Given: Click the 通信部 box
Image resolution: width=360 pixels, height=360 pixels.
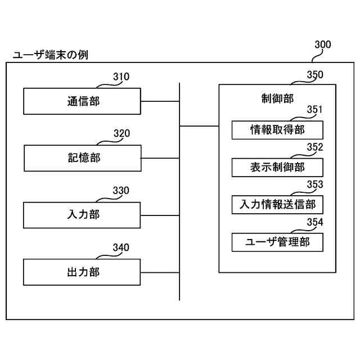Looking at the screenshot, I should [x=82, y=101].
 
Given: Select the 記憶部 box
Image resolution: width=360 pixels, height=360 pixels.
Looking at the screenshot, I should [x=82, y=158].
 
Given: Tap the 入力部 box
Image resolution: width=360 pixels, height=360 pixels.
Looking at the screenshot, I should [x=82, y=215].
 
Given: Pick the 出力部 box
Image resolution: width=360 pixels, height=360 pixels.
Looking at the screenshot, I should [x=82, y=272].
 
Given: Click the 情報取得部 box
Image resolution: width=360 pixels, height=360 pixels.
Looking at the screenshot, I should [x=277, y=130].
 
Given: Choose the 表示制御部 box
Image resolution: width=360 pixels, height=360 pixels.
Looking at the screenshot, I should [x=277, y=168].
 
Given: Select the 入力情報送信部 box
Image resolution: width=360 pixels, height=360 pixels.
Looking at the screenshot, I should [x=277, y=204].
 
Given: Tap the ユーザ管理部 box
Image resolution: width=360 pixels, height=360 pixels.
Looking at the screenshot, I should [x=277, y=242].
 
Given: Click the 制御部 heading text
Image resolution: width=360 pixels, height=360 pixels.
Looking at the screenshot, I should [x=277, y=98].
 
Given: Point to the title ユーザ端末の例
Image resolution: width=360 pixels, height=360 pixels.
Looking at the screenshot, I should [x=49, y=55].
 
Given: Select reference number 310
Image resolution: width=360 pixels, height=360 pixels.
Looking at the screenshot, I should [x=120, y=76].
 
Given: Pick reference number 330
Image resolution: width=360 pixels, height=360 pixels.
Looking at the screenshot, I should [x=120, y=191].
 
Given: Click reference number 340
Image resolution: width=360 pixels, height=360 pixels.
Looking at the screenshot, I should [x=120, y=247].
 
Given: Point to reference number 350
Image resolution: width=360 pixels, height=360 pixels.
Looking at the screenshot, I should [x=314, y=74].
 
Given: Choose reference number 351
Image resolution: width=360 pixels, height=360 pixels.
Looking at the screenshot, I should [x=314, y=110].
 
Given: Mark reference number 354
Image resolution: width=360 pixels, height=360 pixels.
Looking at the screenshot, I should [x=314, y=222].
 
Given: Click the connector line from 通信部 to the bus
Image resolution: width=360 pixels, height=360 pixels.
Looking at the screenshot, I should [x=160, y=102].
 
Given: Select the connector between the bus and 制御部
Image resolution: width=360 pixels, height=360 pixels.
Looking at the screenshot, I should [x=199, y=126].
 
